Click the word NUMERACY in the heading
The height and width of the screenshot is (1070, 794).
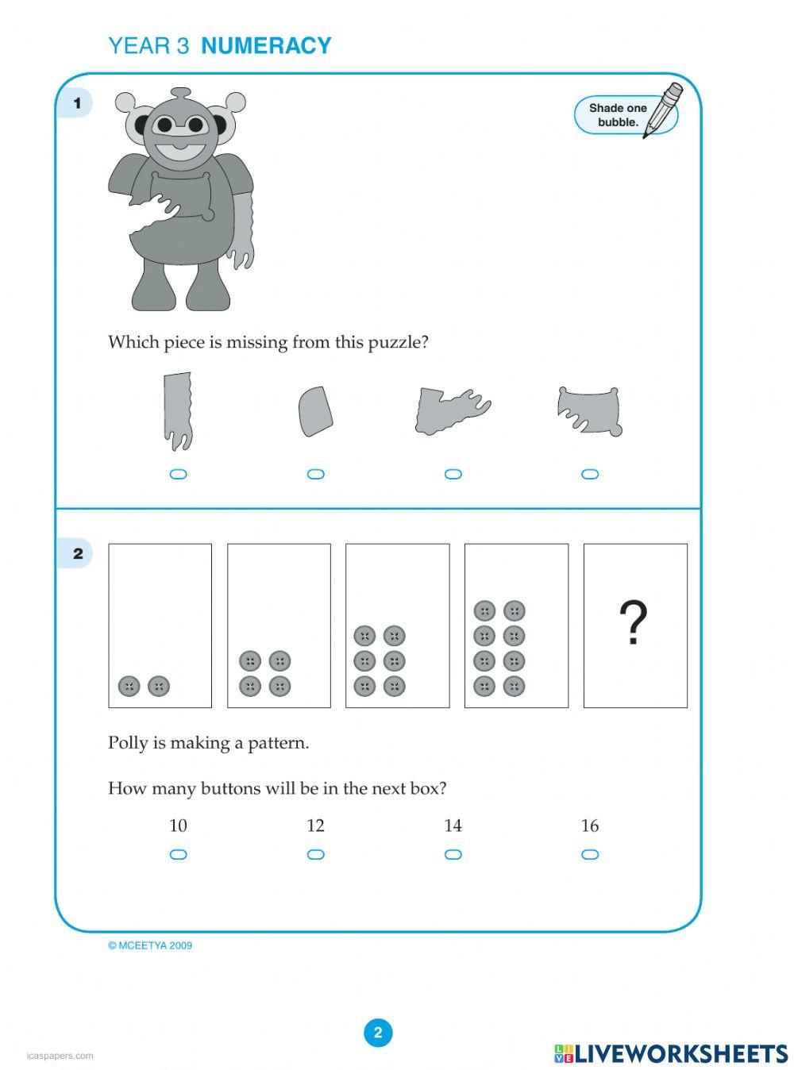click(x=266, y=46)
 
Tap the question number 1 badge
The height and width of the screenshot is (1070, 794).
click(x=77, y=103)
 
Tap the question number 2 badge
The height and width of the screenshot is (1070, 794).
click(x=77, y=553)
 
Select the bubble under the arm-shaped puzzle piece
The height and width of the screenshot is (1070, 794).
click(x=179, y=475)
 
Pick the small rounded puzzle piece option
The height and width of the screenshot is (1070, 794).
click(x=315, y=411)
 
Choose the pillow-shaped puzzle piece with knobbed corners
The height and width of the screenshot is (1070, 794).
click(x=589, y=410)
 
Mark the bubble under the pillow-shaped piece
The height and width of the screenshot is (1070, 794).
click(x=590, y=475)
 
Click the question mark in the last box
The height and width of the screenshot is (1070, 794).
click(x=634, y=623)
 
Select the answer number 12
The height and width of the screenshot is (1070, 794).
click(x=315, y=826)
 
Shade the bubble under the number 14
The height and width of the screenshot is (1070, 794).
click(x=453, y=855)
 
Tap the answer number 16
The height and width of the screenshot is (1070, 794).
click(x=589, y=826)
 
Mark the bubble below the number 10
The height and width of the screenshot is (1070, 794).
click(x=179, y=855)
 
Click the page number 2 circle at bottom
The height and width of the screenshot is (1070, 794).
click(x=378, y=1033)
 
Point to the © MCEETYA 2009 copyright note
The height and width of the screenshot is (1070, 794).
click(x=150, y=945)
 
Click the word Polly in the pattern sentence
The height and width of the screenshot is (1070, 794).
click(x=128, y=743)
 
